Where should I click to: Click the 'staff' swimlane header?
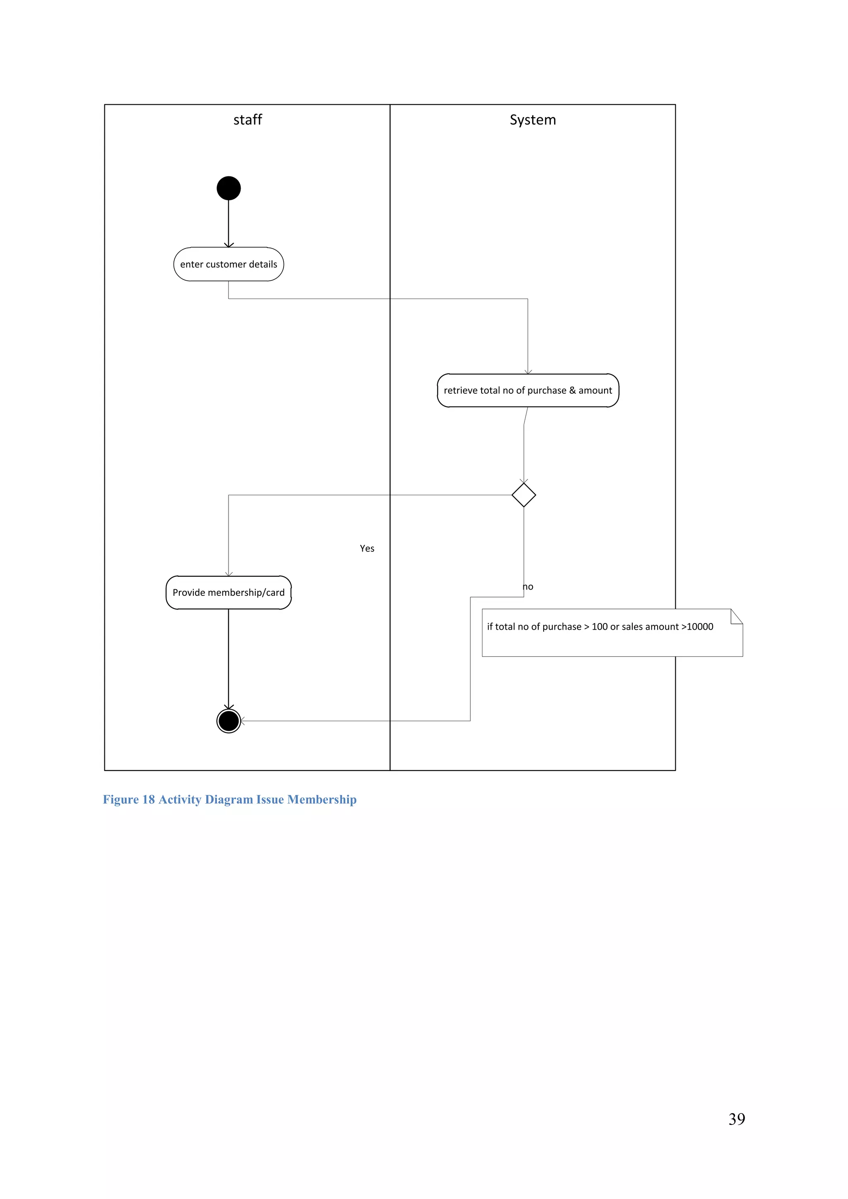pos(248,120)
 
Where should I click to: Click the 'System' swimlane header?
pos(532,120)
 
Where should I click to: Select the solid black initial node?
pos(229,188)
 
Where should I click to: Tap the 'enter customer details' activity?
pos(229,264)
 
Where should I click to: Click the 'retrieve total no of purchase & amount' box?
pos(528,390)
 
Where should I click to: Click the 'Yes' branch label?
pos(367,548)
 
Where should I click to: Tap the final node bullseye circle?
pos(229,721)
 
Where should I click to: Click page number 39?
pos(736,1119)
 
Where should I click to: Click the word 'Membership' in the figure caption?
pos(322,799)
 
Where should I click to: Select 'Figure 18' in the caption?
pos(129,799)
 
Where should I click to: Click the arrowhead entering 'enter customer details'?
pos(229,245)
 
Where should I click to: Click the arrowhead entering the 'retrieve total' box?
pos(528,372)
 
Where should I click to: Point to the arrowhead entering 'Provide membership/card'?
pos(229,574)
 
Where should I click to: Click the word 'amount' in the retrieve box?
pos(595,390)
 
